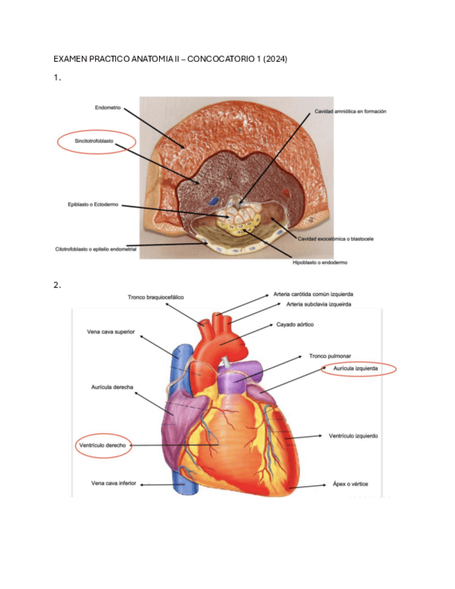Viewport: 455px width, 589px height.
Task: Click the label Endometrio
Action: (x=108, y=108)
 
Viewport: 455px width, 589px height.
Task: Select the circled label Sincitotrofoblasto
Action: (x=94, y=141)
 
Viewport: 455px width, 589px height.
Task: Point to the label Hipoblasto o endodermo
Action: (x=320, y=263)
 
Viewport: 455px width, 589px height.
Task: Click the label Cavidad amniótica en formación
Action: (x=350, y=111)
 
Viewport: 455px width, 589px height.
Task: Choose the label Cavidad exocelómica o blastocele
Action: (x=336, y=239)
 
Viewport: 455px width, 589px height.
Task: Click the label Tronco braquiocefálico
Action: (x=156, y=297)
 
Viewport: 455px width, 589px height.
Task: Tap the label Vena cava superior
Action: (x=110, y=332)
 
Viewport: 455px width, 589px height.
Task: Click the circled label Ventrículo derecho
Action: (x=101, y=445)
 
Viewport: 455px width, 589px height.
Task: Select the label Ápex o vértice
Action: (x=350, y=483)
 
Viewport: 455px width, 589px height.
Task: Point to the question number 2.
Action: (x=56, y=285)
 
